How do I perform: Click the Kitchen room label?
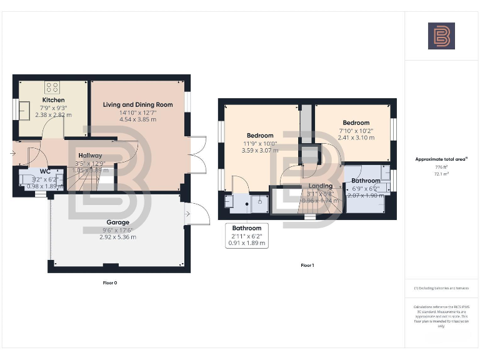tap(53, 100)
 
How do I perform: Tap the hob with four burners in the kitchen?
tap(52, 87)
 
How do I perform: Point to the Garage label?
tap(117, 222)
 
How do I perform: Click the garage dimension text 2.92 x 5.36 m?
tap(117, 237)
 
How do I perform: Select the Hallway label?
tap(90, 156)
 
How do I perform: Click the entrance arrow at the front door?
tap(14, 152)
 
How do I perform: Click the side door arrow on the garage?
tap(187, 213)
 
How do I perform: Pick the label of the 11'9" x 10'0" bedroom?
tap(259, 136)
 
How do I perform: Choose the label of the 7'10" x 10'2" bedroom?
tap(356, 123)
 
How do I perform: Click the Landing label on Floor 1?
tap(320, 186)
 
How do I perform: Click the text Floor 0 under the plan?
tap(109, 283)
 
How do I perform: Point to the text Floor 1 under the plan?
tap(307, 266)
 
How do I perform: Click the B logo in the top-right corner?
tap(441, 36)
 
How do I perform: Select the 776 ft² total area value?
tap(441, 167)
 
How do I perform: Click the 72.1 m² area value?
tap(441, 174)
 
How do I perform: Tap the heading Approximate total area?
tap(441, 159)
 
